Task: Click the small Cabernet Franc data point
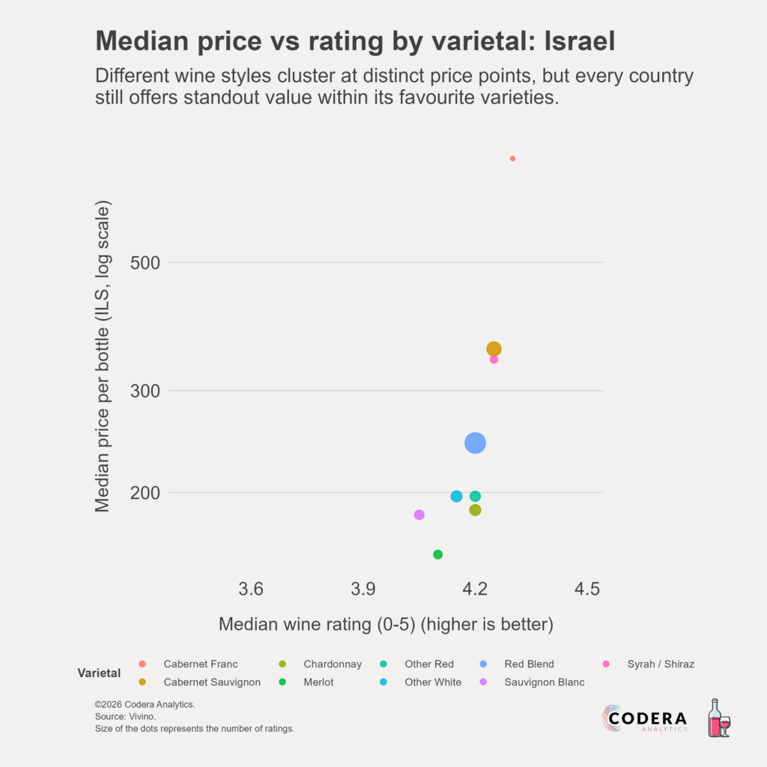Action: (512, 159)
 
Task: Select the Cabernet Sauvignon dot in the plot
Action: (494, 349)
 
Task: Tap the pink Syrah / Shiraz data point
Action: (494, 360)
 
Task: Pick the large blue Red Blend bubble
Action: (475, 443)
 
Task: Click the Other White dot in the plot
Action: (457, 497)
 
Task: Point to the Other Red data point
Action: (475, 497)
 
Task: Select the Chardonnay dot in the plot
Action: (475, 510)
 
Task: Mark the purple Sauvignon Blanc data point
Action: (419, 515)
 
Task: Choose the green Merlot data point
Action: (438, 554)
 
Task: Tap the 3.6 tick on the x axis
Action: (251, 589)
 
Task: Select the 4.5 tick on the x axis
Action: (586, 589)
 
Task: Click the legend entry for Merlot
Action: (318, 682)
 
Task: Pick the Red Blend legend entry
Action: (529, 664)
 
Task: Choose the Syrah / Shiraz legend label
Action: (649, 664)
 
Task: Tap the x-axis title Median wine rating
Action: (385, 624)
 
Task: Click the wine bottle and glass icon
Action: (719, 718)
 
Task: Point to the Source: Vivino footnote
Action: (125, 717)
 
